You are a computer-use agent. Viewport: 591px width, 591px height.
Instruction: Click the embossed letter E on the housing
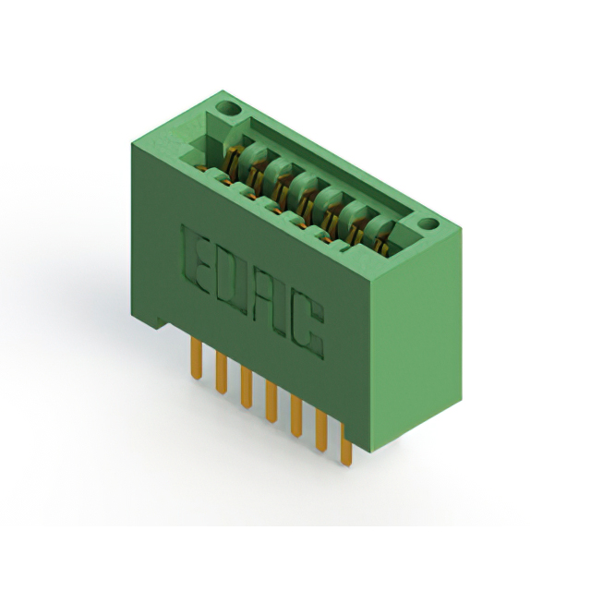(196, 259)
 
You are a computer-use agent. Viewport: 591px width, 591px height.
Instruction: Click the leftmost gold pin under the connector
(196, 357)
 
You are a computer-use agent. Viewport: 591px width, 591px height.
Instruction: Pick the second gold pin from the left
(222, 373)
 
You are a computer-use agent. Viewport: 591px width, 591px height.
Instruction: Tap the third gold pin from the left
(247, 388)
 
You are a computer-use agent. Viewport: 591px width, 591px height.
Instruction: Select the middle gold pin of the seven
(271, 402)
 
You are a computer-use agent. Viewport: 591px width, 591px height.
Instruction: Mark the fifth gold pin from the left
(296, 416)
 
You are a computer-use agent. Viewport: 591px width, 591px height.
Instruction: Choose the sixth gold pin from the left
(321, 431)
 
